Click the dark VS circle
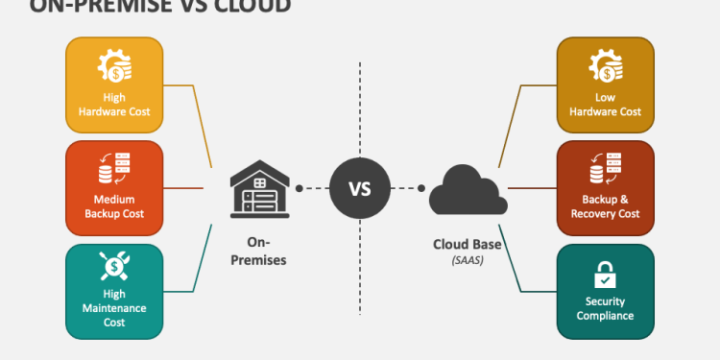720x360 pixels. (x=359, y=188)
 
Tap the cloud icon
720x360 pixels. (x=467, y=189)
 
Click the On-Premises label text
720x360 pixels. (x=256, y=252)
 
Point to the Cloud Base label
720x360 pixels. (x=467, y=244)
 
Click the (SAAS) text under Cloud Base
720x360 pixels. (x=467, y=259)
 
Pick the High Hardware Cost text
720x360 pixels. (x=113, y=105)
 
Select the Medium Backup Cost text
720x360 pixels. (x=113, y=206)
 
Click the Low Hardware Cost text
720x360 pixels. (x=605, y=105)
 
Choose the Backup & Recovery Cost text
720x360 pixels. (x=605, y=206)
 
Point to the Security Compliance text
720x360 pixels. (x=605, y=308)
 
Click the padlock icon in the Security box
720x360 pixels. (x=605, y=276)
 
